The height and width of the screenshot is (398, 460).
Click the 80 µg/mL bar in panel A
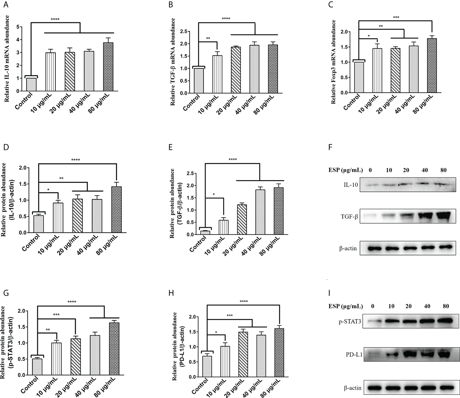(x=108, y=67)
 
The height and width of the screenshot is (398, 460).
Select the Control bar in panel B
(x=199, y=81)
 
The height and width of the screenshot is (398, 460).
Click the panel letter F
(x=330, y=148)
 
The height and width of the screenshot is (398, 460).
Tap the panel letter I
(x=329, y=293)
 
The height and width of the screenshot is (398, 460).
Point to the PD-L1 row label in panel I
(x=354, y=355)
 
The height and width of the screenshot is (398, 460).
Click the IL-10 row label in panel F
(x=351, y=185)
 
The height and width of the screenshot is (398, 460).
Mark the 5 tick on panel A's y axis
(x=18, y=27)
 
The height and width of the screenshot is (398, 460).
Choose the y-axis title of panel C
(x=333, y=62)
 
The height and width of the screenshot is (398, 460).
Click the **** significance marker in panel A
(x=55, y=19)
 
